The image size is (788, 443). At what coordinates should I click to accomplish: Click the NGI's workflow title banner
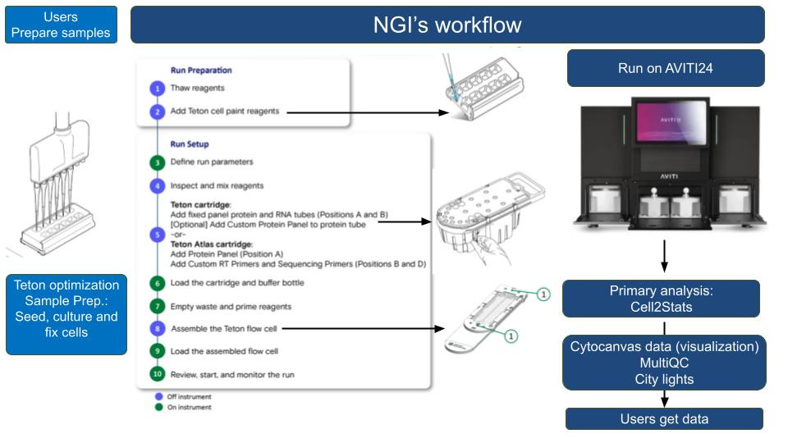point(447,25)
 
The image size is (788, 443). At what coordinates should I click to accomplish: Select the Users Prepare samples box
point(61,25)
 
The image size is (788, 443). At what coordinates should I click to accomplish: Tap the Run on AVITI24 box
point(665,68)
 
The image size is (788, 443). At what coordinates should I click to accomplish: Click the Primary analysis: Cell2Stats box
point(660,299)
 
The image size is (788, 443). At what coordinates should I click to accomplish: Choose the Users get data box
point(664,419)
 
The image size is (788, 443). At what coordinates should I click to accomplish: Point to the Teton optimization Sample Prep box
point(66,314)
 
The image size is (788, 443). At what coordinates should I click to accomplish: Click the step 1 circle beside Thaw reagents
point(157,89)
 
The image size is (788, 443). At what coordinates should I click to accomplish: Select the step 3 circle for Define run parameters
point(157,162)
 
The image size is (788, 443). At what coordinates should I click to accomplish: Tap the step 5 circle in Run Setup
point(157,234)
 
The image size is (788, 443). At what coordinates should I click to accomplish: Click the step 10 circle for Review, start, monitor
point(157,374)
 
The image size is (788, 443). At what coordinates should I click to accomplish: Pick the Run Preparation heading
point(201,71)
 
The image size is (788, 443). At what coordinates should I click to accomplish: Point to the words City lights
point(664,379)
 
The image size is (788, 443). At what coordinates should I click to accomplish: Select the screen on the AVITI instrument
point(664,121)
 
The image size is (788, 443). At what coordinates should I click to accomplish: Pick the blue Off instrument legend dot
point(158,396)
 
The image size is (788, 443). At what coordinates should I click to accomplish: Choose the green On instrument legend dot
point(158,407)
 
